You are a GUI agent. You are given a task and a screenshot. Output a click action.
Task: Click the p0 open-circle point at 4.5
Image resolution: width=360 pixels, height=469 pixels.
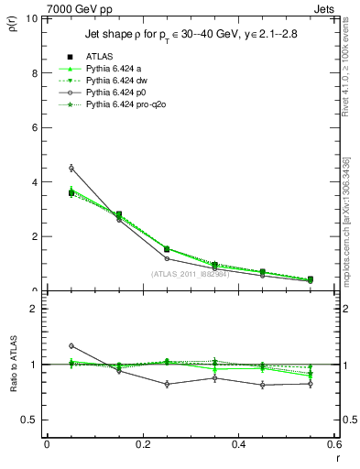click(x=71, y=168)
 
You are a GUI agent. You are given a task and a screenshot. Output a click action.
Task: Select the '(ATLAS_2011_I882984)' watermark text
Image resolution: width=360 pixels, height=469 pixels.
click(x=190, y=273)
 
